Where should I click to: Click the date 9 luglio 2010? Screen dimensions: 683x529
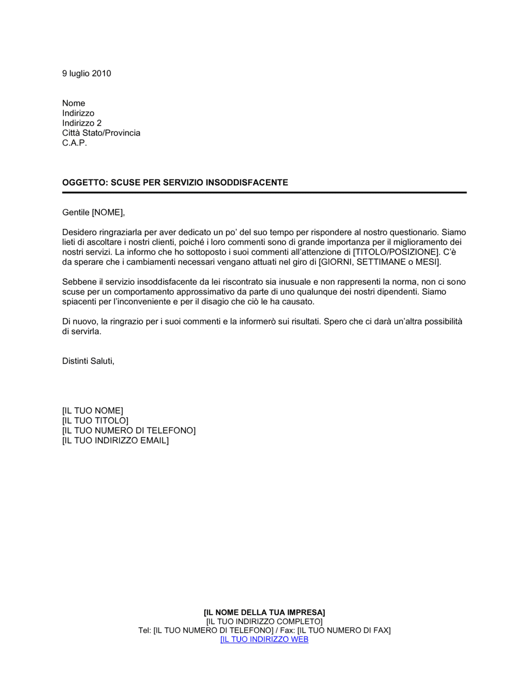pos(86,74)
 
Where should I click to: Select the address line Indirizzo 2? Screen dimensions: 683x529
pos(81,123)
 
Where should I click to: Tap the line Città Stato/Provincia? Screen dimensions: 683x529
pos(101,133)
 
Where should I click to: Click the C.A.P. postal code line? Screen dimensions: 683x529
pos(74,143)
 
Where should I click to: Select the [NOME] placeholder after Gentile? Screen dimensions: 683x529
pos(108,213)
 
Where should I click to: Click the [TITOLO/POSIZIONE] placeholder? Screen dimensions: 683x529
pos(396,252)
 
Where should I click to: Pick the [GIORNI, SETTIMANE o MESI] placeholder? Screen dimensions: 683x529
pos(379,262)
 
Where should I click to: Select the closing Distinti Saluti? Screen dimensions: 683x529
pos(88,361)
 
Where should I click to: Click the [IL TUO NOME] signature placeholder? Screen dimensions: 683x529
pos(93,411)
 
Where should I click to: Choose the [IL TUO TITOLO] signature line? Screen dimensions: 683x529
pos(95,421)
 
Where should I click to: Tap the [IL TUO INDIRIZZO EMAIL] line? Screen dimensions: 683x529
pos(115,441)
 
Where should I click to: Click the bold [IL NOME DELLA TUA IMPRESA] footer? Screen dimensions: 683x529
pos(264,613)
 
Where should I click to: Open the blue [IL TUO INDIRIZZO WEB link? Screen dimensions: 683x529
pos(264,639)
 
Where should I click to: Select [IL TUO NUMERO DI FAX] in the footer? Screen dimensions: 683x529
pos(344,630)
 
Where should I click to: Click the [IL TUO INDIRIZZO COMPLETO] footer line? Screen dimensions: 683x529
pos(264,622)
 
